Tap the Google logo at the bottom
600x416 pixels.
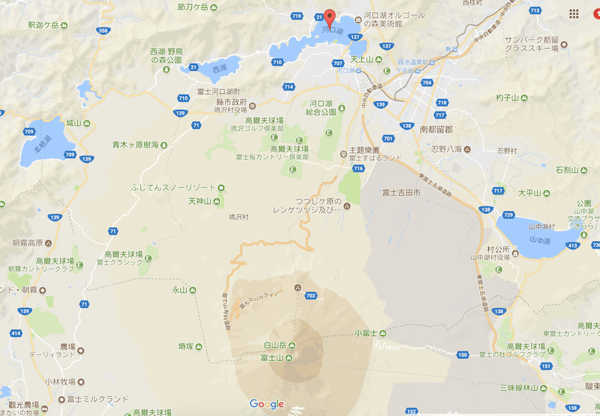tap(266, 404)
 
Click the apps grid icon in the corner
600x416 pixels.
tap(574, 13)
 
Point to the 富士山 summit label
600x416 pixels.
tap(272, 358)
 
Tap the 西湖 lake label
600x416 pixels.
tap(220, 68)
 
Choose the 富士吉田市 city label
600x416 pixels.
tap(401, 193)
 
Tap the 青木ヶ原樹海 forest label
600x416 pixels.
tap(136, 145)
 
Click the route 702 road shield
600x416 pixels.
tap(310, 295)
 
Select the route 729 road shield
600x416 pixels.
tap(509, 215)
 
